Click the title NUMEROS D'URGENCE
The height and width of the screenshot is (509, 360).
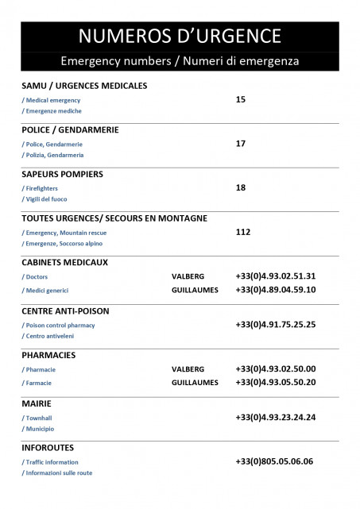pyautogui.click(x=180, y=36)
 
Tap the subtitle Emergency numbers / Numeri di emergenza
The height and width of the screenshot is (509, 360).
pyautogui.click(x=180, y=61)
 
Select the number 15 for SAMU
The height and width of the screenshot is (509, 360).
pyautogui.click(x=241, y=99)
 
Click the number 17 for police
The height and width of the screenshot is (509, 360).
pyautogui.click(x=241, y=144)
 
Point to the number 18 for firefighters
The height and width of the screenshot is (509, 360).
pyautogui.click(x=241, y=188)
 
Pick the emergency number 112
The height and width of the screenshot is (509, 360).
pyautogui.click(x=243, y=232)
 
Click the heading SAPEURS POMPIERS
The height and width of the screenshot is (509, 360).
pyautogui.click(x=62, y=174)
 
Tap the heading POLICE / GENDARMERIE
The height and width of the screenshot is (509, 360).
pyautogui.click(x=70, y=129)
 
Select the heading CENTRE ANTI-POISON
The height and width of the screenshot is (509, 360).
pyautogui.click(x=65, y=310)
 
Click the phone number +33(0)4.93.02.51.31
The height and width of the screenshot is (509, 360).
pyautogui.click(x=276, y=276)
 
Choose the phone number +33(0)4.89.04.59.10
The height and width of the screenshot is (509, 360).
pyautogui.click(x=276, y=290)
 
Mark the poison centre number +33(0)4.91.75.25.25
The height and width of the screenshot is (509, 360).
pyautogui.click(x=276, y=325)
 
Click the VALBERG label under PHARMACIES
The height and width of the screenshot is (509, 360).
pyautogui.click(x=188, y=369)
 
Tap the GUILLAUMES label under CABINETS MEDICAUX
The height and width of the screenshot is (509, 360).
pyautogui.click(x=195, y=290)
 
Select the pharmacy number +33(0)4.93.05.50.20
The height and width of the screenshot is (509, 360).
pyautogui.click(x=276, y=382)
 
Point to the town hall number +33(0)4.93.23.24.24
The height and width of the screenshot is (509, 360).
pyautogui.click(x=276, y=417)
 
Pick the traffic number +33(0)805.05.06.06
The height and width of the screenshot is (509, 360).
pyautogui.click(x=274, y=461)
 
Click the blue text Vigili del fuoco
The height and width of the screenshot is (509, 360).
pyautogui.click(x=46, y=199)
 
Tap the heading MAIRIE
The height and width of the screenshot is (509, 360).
pyautogui.click(x=37, y=403)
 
